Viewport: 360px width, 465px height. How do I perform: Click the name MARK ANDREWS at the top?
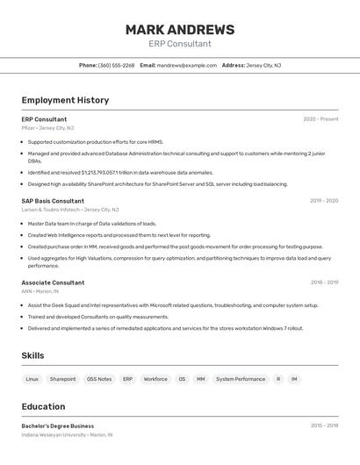coord(179,30)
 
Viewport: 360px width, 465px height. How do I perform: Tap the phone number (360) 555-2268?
coord(116,65)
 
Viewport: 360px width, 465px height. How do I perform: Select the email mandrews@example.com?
coord(186,65)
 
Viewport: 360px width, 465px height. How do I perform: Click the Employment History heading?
coord(65,100)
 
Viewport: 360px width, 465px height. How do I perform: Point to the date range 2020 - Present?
coord(320,118)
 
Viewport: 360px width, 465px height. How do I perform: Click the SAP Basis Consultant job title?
coord(53,201)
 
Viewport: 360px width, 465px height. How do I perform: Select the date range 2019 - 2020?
coord(323,201)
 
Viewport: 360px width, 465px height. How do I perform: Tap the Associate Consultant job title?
coord(53,283)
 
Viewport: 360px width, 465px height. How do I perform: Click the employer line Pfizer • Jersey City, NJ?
coord(47,127)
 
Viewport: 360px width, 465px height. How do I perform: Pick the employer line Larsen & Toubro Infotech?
coord(69,210)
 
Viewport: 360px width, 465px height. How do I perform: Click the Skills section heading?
coord(32,355)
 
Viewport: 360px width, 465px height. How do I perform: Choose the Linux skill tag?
coord(32,379)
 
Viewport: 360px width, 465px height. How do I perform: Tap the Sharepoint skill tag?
coord(62,379)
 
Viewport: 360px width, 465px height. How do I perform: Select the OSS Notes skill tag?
coord(99,379)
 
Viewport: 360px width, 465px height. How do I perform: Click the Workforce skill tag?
coord(155,379)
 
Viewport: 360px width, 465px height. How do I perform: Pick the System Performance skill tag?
coord(241,379)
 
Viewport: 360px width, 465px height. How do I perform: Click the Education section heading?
coord(43,406)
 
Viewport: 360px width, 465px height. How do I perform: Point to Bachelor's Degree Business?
coord(57,426)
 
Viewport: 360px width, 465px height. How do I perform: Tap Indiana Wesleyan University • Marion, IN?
coord(67,434)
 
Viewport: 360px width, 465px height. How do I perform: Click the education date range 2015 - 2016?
coord(324,426)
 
